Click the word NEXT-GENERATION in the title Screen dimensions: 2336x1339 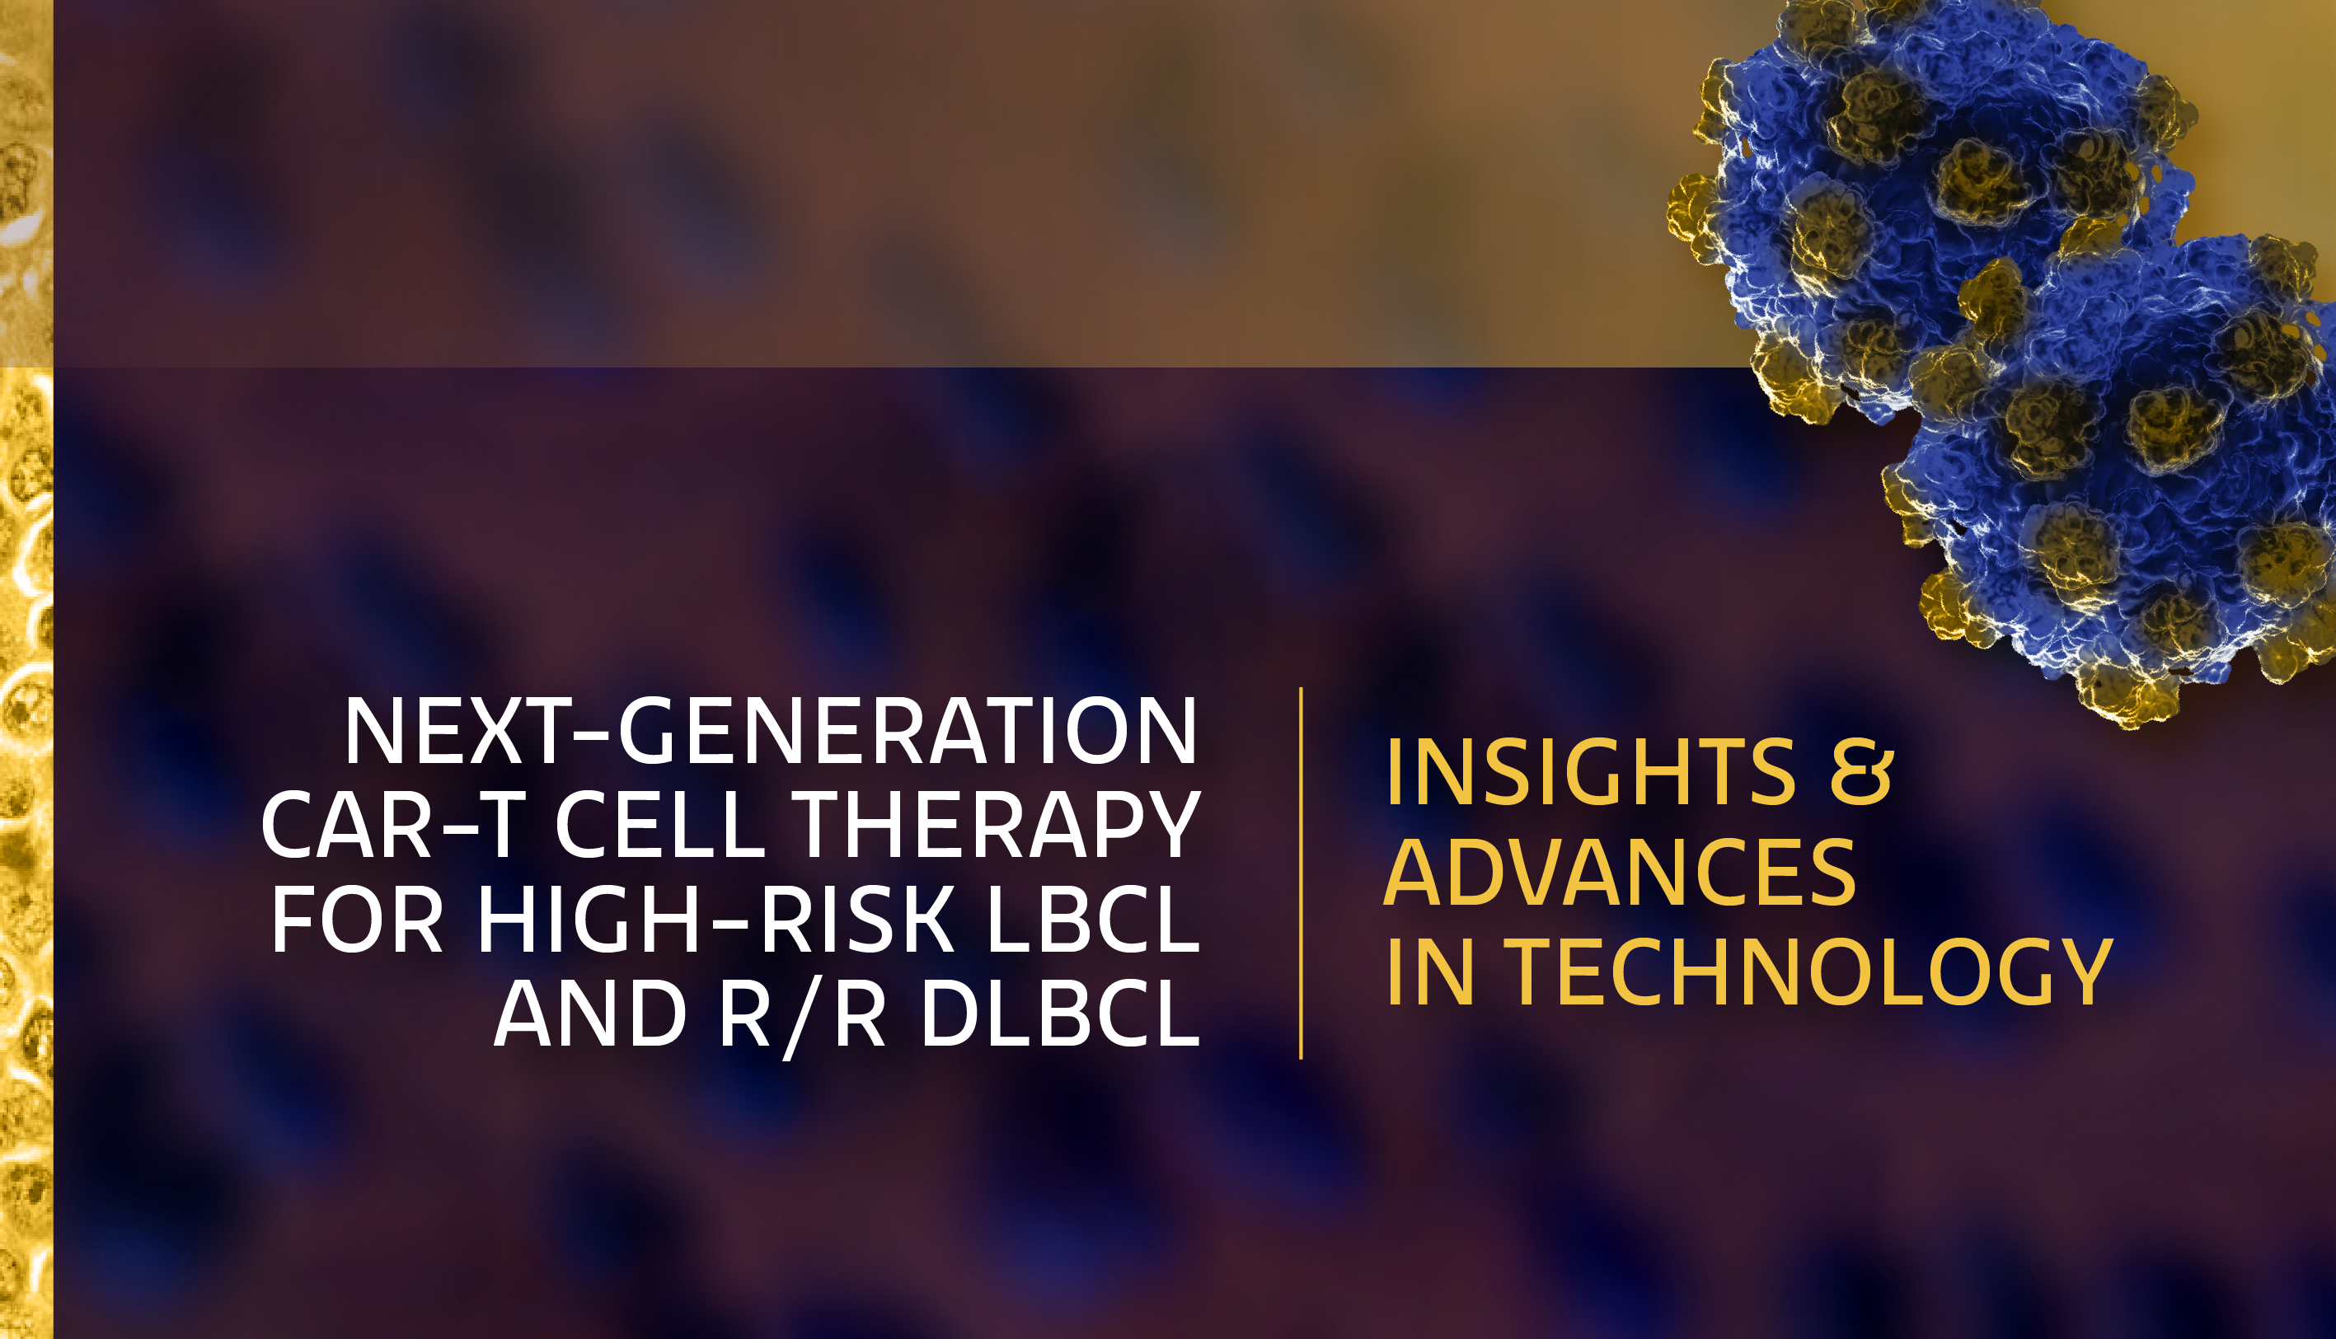click(771, 730)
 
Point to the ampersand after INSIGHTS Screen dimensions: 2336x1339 click(1860, 773)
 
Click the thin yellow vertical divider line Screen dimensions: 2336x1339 click(1301, 873)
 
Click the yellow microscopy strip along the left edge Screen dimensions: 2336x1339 click(26, 669)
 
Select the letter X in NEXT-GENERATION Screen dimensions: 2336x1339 click(501, 730)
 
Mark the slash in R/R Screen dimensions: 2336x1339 click(802, 1019)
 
